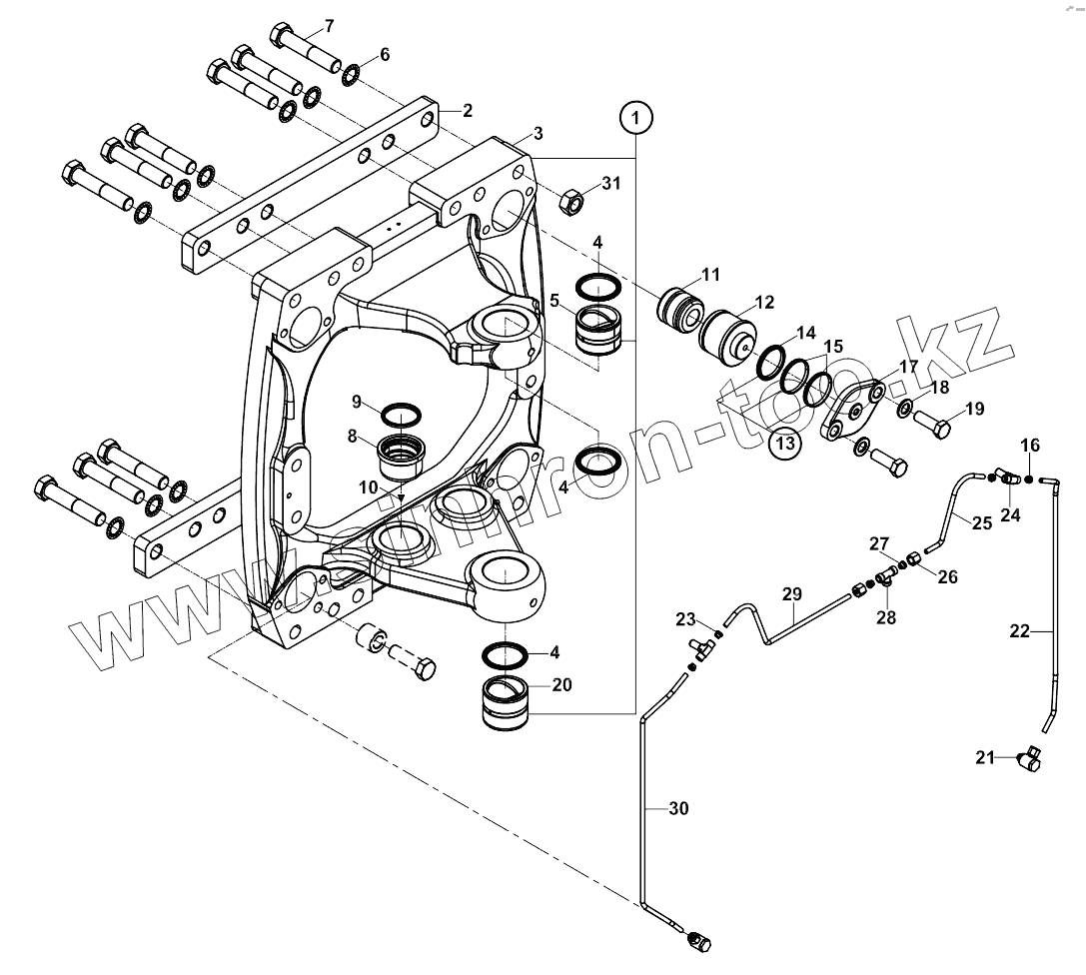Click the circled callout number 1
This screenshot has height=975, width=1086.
635,119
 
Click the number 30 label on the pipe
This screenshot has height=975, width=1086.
678,809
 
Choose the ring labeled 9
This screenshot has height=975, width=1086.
401,415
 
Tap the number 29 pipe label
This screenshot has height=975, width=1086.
791,595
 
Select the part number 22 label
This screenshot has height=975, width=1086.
1019,630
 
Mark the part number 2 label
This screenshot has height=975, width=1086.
467,111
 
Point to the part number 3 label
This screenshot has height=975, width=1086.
538,134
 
